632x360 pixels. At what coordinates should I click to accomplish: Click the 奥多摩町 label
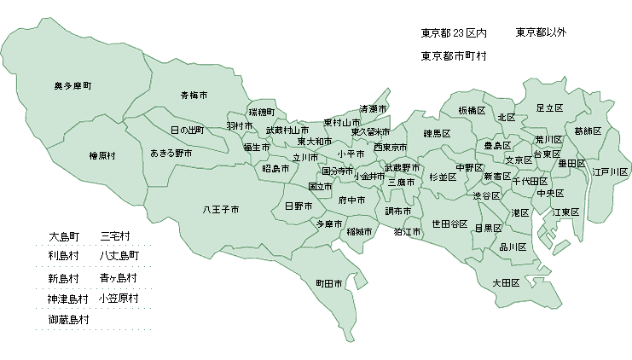coord(72,87)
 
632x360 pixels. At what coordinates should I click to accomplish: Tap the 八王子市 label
coord(220,209)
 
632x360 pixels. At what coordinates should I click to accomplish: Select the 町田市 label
coord(329,283)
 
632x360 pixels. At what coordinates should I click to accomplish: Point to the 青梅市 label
coord(194,95)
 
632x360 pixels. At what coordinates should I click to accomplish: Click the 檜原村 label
coord(102,156)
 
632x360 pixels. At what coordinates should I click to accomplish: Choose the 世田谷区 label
coord(449,224)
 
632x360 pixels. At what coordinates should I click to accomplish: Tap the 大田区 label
coord(506,282)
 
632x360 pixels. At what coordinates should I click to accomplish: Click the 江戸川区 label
coord(611,171)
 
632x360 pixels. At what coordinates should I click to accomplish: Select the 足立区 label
coord(549,108)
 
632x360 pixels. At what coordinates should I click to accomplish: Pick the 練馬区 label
coord(437,133)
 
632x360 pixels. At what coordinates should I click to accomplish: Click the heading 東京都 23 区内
coord(454,33)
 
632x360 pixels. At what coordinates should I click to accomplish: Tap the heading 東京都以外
coord(541,32)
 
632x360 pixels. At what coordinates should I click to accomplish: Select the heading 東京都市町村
coord(454,55)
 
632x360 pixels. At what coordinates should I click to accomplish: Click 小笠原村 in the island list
coord(119,299)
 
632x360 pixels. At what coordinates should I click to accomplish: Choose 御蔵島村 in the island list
coord(69,320)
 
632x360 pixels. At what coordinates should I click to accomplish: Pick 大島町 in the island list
coord(64,235)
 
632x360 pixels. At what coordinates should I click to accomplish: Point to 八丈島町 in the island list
coord(119,255)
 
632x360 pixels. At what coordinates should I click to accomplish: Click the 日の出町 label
coord(187,131)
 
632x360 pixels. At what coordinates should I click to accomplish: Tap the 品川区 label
coord(512,247)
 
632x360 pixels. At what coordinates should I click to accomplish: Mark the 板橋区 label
coord(472,111)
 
